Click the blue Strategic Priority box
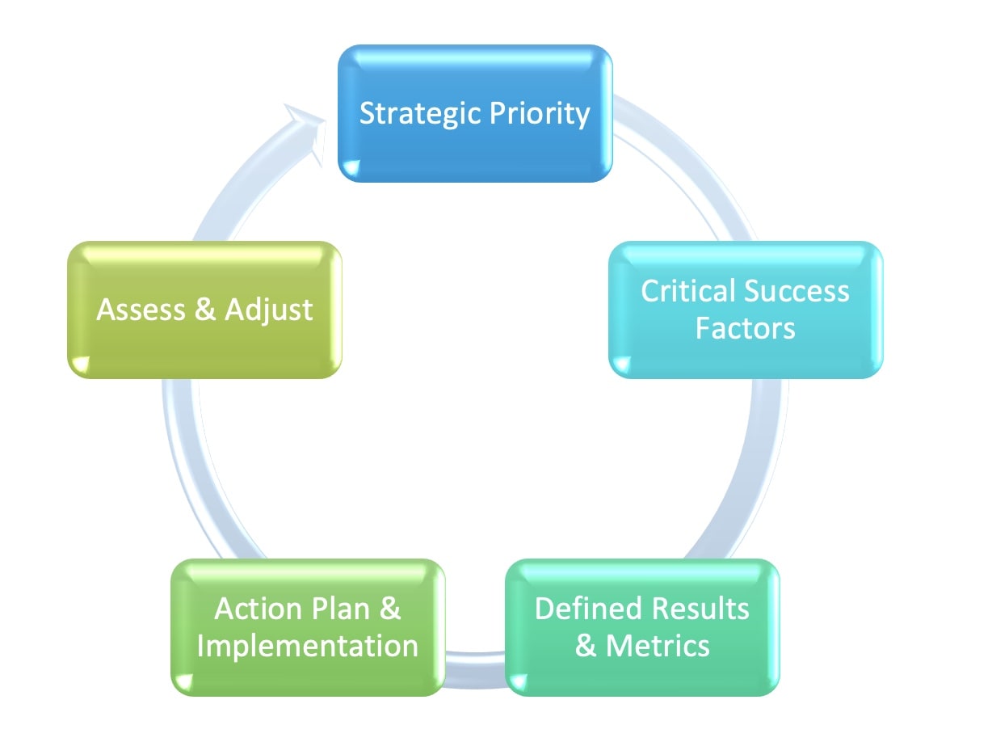point(475,113)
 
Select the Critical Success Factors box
point(746,310)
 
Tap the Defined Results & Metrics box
point(642,627)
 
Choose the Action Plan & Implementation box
point(308,627)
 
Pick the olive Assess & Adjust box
point(204,310)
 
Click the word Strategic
point(421,113)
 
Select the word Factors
point(746,328)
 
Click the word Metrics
point(658,646)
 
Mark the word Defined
point(591,609)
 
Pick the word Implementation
point(308,647)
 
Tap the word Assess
point(141,310)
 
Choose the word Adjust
point(268,311)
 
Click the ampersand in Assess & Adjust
point(205,310)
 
